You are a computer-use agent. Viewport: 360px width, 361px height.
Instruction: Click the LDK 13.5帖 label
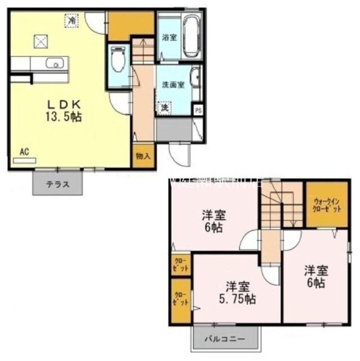click(64, 110)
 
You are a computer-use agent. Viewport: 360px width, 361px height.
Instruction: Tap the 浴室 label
click(169, 37)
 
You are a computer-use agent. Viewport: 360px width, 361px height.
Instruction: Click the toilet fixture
click(117, 60)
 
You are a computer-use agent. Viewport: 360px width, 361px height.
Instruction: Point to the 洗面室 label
click(172, 84)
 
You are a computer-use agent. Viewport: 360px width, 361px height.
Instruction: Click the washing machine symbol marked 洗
click(164, 108)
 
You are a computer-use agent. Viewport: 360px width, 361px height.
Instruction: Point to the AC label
click(24, 151)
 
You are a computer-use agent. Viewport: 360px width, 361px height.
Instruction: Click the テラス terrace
click(57, 184)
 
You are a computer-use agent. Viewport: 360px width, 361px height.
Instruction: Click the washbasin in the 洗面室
click(195, 78)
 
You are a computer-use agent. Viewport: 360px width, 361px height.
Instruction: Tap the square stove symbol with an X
click(40, 42)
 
